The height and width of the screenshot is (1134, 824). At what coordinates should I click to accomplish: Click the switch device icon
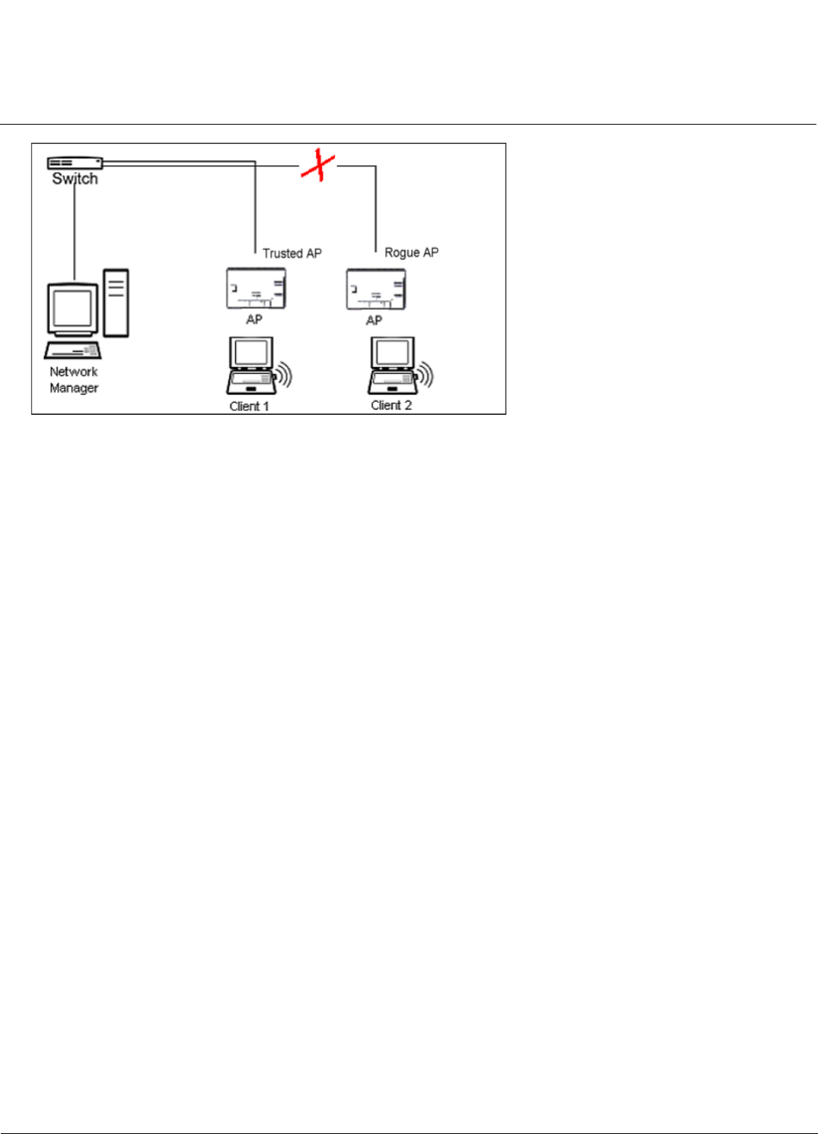(x=75, y=162)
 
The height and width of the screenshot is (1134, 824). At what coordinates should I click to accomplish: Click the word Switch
(x=75, y=179)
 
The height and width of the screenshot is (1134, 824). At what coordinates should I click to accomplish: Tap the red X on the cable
(x=318, y=165)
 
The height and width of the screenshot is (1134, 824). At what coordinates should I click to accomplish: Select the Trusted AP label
(x=292, y=253)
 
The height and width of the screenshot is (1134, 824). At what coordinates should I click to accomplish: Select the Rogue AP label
(x=411, y=252)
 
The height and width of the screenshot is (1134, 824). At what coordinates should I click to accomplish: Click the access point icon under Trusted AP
(x=256, y=289)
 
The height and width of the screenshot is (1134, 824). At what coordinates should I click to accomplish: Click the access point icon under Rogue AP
(x=375, y=289)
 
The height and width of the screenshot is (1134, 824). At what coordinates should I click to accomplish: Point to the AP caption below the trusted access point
(x=254, y=320)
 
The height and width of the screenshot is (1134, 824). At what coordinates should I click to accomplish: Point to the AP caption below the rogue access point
(x=373, y=320)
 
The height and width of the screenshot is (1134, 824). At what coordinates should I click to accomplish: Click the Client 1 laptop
(x=249, y=366)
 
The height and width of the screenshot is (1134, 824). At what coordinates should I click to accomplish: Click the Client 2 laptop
(x=391, y=366)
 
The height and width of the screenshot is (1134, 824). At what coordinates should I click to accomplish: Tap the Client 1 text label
(x=249, y=406)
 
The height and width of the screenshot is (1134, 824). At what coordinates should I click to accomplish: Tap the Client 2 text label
(x=391, y=406)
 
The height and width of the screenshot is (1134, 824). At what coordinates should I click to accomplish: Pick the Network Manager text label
(x=73, y=379)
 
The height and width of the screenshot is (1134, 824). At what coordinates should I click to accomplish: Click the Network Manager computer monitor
(x=73, y=309)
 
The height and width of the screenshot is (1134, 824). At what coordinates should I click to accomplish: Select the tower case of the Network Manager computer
(x=116, y=302)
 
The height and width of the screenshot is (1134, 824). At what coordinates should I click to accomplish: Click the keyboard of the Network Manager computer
(x=73, y=351)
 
